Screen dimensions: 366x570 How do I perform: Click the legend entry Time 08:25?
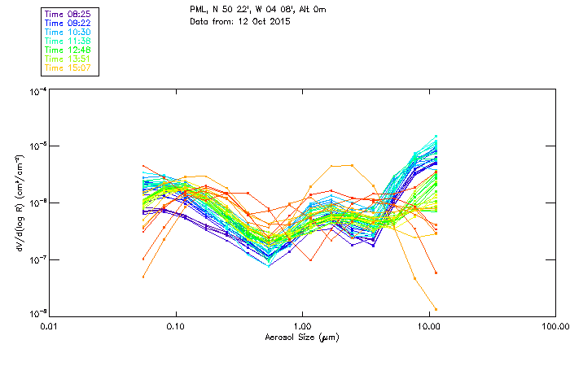(x=68, y=14)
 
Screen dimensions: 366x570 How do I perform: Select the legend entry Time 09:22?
(x=68, y=23)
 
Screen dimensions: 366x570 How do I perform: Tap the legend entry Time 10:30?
(x=68, y=32)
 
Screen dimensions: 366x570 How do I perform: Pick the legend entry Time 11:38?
(x=68, y=41)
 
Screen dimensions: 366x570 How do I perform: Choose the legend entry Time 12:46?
(x=68, y=50)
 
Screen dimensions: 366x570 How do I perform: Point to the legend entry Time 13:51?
(x=68, y=59)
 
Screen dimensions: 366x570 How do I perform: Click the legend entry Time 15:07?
(x=68, y=68)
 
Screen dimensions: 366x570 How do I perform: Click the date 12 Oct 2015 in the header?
(x=262, y=21)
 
